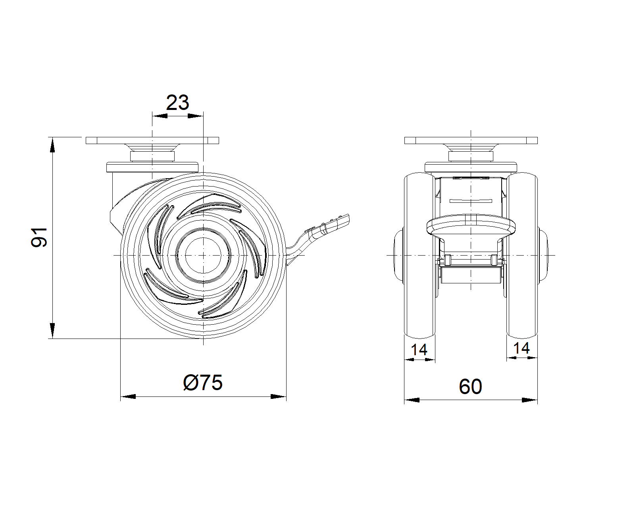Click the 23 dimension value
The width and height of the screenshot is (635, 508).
(x=177, y=103)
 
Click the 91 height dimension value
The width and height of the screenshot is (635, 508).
(x=39, y=237)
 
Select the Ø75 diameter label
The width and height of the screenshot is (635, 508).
(x=203, y=383)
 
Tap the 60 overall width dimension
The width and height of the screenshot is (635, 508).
(x=470, y=387)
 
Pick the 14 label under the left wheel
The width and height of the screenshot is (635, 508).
(x=419, y=350)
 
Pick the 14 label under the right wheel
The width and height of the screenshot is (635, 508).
(x=521, y=348)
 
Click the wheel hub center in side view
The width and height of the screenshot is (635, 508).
(x=203, y=255)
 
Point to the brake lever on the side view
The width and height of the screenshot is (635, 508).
(x=319, y=238)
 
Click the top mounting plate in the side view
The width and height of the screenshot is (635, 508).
(x=152, y=140)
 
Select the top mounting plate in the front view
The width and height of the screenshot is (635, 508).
(x=471, y=140)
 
